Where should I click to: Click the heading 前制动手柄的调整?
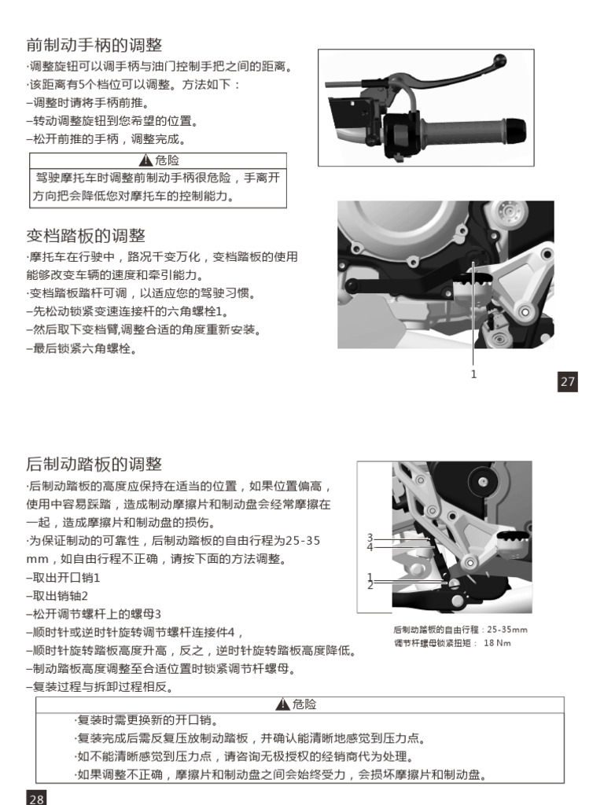[x=94, y=45]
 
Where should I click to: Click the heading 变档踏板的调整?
[x=86, y=236]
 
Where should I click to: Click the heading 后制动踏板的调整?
[x=94, y=463]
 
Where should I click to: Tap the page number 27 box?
[x=568, y=382]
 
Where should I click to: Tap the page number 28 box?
[x=37, y=798]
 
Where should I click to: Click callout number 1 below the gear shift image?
[x=473, y=374]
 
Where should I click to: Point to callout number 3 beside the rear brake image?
[x=370, y=538]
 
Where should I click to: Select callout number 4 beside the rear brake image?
[x=370, y=547]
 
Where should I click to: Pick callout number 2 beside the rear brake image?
[x=370, y=586]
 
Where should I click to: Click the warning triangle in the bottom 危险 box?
[x=285, y=705]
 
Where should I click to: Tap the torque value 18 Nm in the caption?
[x=497, y=643]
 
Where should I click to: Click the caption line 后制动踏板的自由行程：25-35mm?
[x=460, y=630]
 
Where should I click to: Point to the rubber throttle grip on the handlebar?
[x=460, y=128]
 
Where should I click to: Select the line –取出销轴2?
[x=57, y=596]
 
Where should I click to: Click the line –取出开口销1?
[x=64, y=578]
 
